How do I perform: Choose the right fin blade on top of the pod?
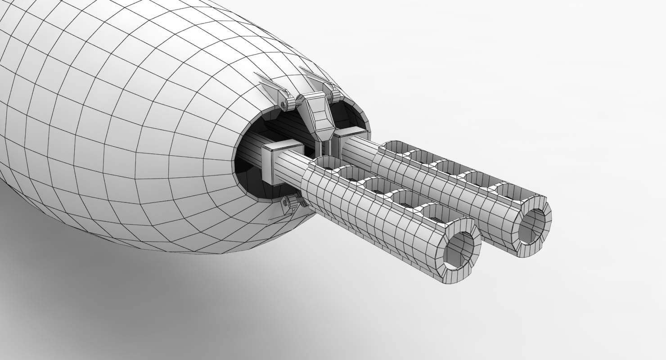pos(314,74)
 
